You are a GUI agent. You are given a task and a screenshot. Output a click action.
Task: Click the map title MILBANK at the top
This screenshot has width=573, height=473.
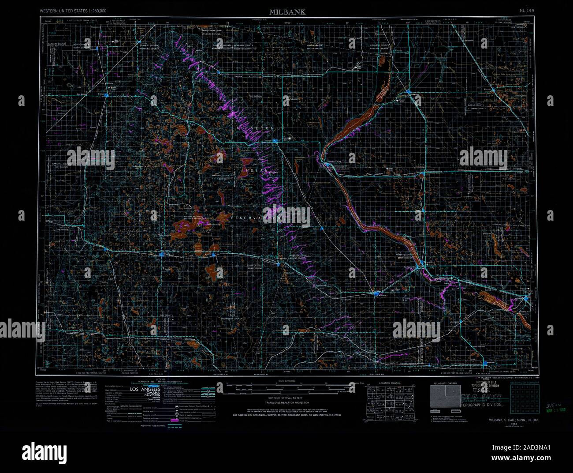[286, 12]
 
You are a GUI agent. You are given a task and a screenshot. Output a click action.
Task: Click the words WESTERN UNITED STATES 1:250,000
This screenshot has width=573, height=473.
[73, 10]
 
